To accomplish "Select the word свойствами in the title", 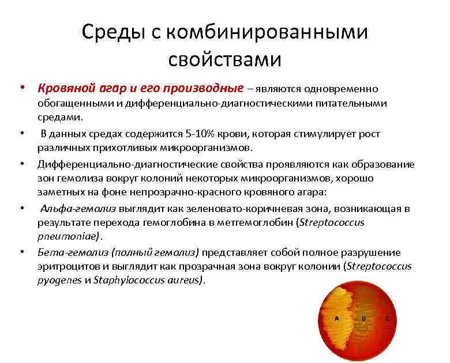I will [225, 59].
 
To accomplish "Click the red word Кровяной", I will [62, 88].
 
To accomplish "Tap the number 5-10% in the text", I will [196, 134].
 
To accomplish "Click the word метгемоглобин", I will [259, 222].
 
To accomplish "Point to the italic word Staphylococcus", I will [122, 281].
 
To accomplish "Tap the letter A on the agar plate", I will [337, 318].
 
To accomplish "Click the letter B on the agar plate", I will [364, 318].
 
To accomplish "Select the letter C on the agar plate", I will [387, 318].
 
